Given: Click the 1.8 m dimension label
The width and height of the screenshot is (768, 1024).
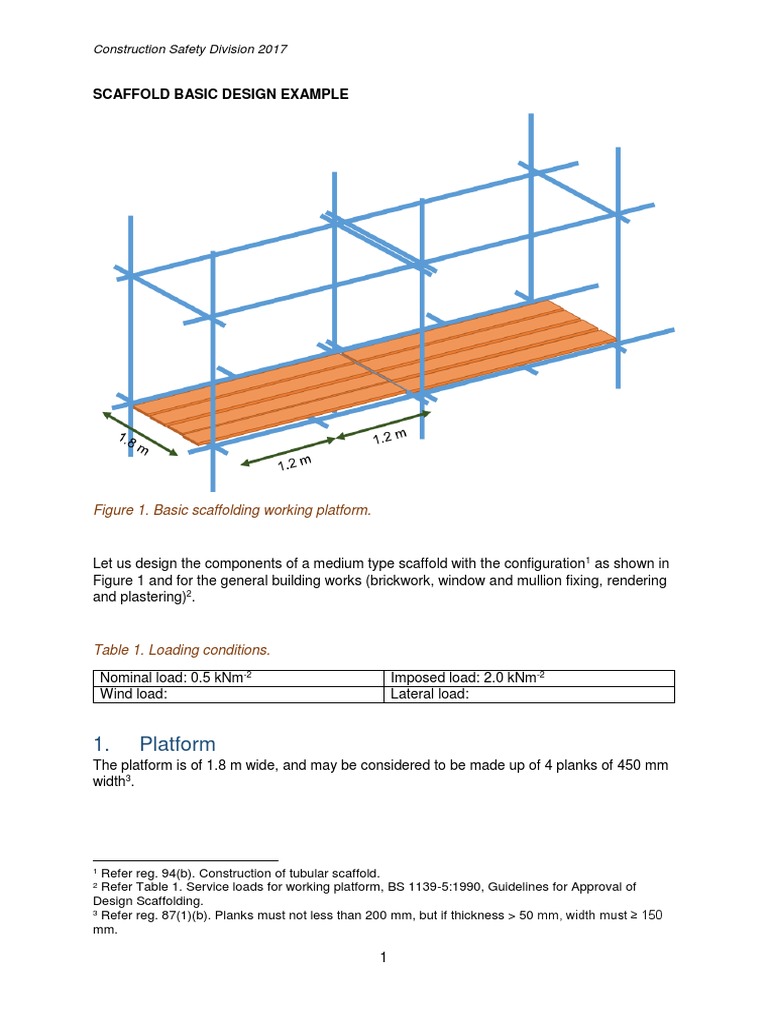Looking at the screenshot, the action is point(134,443).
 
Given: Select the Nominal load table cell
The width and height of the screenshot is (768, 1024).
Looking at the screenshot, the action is point(238,678).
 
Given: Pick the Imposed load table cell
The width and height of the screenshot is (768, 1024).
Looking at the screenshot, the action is point(529,678).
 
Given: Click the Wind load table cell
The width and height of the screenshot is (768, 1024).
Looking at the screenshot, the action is point(238,694).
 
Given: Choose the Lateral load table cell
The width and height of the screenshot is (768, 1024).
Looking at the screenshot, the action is point(529,694).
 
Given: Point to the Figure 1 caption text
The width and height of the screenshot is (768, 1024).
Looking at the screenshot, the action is point(232,510).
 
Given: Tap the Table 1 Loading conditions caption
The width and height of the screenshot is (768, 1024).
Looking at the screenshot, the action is point(182,650).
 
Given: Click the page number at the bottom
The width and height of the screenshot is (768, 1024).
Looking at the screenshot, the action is point(383,957).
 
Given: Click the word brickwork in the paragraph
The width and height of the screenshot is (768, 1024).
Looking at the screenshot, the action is point(400,581).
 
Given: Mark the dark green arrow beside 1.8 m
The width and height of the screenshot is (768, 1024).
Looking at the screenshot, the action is point(140,434).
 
